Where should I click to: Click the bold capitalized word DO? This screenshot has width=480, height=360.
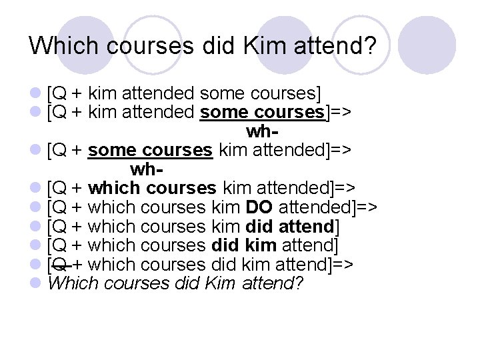259,206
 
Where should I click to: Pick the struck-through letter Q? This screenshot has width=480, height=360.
60,264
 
